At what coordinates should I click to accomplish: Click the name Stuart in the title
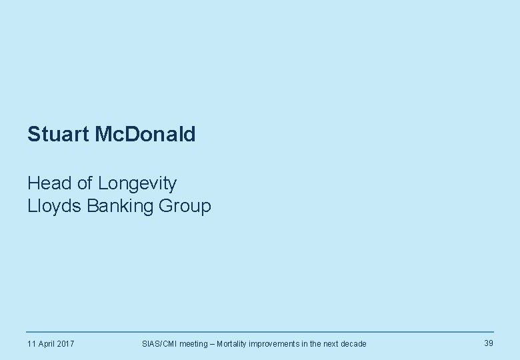click(59, 135)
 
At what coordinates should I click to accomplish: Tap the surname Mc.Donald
click(145, 135)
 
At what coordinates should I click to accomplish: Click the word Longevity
click(137, 183)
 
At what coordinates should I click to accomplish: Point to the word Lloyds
click(54, 206)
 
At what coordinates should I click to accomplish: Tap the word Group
click(185, 207)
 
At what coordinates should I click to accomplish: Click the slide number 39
click(489, 343)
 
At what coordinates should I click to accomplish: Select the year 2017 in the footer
click(65, 344)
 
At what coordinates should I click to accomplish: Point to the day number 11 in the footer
click(31, 344)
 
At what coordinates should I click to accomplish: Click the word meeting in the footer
click(193, 344)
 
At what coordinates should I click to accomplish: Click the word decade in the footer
click(353, 344)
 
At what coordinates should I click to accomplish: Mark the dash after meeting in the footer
click(213, 344)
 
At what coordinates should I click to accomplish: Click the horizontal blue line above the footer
click(260, 332)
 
